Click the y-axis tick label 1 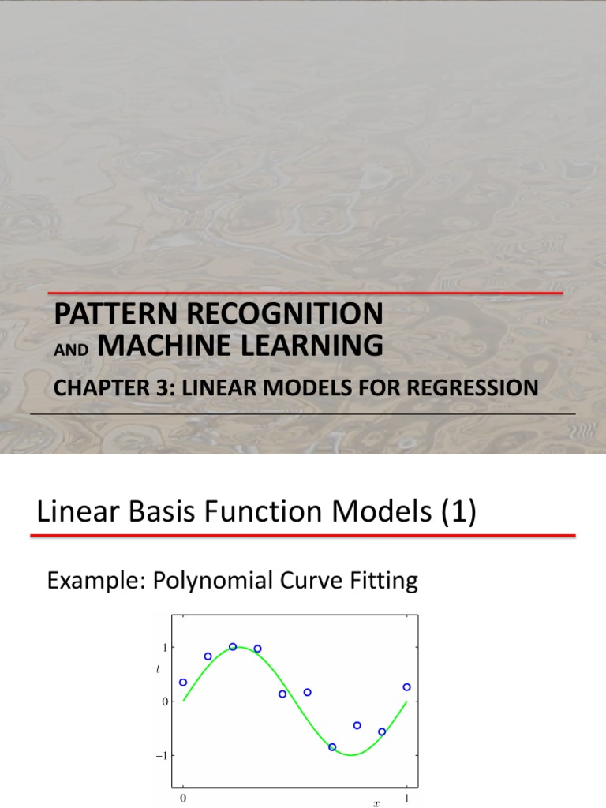click(164, 647)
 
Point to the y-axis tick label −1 click(162, 755)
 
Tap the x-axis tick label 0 click(183, 799)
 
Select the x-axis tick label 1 click(406, 799)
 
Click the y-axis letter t click(158, 671)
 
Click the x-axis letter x click(376, 804)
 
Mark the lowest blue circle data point click(332, 746)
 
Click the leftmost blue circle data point click(183, 683)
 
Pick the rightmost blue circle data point click(406, 687)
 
